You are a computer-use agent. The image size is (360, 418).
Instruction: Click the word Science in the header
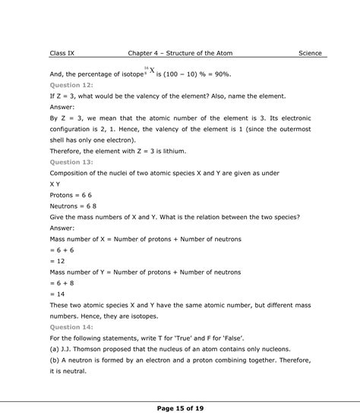(310, 54)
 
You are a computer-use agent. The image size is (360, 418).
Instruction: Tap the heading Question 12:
(70, 86)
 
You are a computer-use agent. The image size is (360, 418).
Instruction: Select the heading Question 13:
(70, 162)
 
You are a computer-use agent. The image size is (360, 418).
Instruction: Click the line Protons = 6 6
(73, 195)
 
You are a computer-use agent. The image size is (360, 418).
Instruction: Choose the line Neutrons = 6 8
(75, 206)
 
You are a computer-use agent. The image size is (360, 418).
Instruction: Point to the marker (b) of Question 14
(55, 349)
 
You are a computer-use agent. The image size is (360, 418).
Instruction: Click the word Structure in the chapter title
(192, 54)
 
